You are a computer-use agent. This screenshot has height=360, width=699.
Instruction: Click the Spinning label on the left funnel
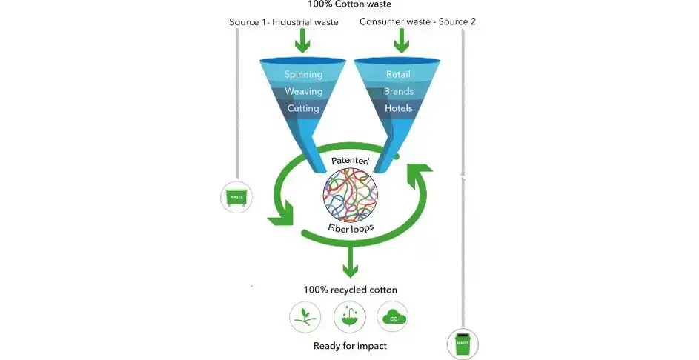pos(303,74)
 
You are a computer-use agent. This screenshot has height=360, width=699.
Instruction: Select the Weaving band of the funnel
pos(303,91)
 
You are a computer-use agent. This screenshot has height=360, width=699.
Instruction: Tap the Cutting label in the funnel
pos(302,108)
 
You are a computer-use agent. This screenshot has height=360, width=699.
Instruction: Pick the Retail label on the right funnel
pos(398,74)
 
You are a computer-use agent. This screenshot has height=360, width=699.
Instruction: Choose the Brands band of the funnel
pos(398,91)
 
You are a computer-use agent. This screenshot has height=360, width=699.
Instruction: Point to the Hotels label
pos(398,108)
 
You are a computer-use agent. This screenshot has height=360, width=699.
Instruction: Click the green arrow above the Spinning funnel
pos(302,42)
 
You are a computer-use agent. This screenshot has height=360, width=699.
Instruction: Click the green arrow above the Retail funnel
pos(401,42)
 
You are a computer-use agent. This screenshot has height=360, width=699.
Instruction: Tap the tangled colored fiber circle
pos(349,194)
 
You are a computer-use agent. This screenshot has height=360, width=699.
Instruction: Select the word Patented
pos(349,160)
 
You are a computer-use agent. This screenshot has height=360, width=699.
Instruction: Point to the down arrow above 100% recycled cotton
pos(349,261)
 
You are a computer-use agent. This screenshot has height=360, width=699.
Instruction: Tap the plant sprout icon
pos(304,317)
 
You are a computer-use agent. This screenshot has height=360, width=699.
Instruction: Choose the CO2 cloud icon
pos(392,317)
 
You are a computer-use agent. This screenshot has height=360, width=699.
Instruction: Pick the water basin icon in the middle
pos(348,317)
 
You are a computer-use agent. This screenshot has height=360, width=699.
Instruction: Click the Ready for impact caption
pos(349,345)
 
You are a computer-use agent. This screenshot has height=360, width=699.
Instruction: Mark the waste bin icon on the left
pos(236,197)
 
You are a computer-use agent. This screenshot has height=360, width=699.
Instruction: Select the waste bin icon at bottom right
pos(463,344)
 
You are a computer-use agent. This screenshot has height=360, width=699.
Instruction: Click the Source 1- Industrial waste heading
pos(284,21)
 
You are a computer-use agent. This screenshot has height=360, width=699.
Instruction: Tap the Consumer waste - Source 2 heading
pos(417,21)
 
